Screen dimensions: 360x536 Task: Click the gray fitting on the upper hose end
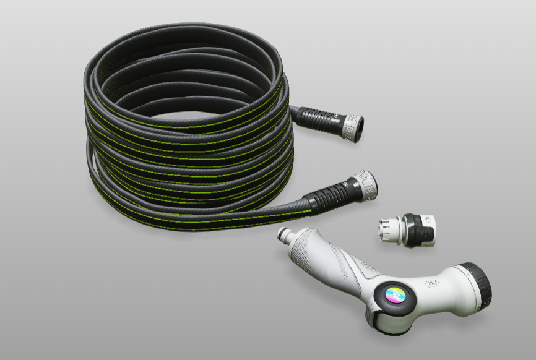[x=352, y=127]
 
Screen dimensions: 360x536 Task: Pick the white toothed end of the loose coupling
[x=386, y=230]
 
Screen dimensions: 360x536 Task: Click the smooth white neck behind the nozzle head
[x=449, y=288]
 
